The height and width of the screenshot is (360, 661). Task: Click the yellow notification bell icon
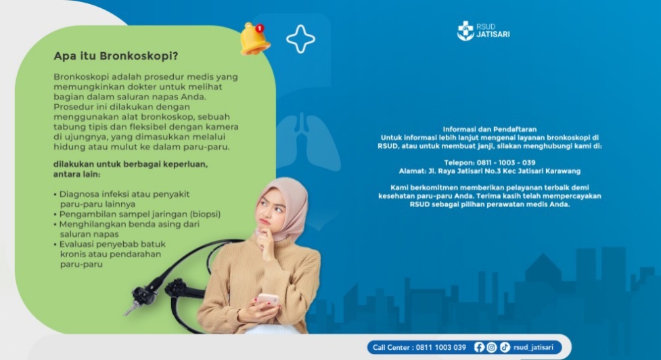(254, 39)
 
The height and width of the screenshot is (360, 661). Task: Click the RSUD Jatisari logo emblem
(465, 30)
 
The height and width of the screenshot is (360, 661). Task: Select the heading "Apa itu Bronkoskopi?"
(116, 56)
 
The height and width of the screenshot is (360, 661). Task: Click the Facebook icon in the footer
(479, 347)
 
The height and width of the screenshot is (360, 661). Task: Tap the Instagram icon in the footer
(492, 347)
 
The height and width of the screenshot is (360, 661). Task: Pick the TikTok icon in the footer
(505, 347)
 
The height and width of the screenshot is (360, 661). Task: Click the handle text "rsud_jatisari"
(533, 347)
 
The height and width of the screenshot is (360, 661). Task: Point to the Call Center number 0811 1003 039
(441, 348)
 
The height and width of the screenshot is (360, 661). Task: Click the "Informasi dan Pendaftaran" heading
(489, 129)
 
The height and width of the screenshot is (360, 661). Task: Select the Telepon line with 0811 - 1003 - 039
(489, 162)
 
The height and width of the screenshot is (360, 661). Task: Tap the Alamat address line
(489, 171)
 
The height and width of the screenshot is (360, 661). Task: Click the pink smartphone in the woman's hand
(268, 300)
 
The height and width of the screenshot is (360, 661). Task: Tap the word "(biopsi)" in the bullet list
(205, 214)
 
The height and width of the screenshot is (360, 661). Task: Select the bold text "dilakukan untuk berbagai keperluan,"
(131, 164)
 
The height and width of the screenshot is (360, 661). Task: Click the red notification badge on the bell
(260, 28)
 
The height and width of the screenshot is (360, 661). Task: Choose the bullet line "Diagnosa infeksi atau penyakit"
(124, 194)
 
